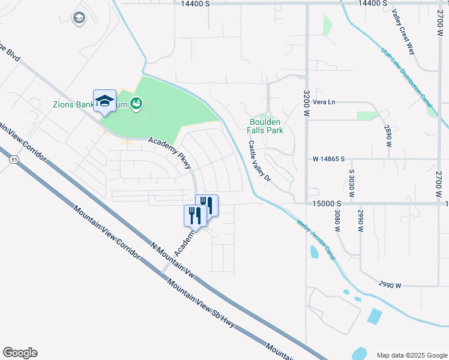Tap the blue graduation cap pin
(104, 101)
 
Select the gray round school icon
(79, 19)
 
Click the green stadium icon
(137, 104)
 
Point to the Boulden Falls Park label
(266, 125)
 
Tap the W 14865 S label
(329, 159)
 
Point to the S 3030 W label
(352, 180)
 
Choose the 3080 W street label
(337, 221)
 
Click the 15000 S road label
(326, 204)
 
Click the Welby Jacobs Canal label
(316, 241)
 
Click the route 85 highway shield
(13, 160)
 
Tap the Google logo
(20, 352)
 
